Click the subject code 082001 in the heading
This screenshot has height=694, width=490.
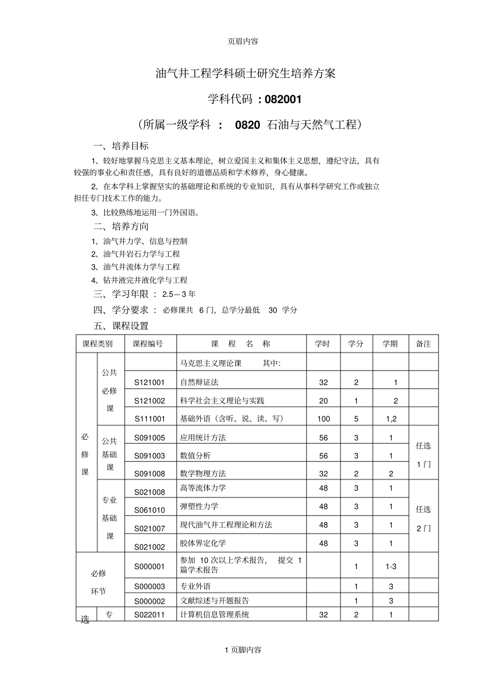[283, 99]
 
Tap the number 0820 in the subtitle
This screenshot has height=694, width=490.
[248, 125]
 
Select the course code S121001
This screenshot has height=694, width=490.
[150, 383]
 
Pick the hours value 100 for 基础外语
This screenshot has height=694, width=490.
[323, 419]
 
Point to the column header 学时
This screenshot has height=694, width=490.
[322, 344]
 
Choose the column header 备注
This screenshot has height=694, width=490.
[423, 344]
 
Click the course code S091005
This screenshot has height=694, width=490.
[150, 438]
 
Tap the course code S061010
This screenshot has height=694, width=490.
[150, 510]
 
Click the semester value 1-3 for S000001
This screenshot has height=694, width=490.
[391, 567]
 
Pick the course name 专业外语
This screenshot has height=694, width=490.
[195, 587]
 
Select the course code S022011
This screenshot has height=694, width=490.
[150, 615]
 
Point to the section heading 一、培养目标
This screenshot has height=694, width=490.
[121, 146]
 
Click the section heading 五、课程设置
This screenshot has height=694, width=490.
[121, 326]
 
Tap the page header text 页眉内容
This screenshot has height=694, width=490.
[243, 42]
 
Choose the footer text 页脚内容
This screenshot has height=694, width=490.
[246, 650]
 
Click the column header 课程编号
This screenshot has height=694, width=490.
[148, 344]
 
